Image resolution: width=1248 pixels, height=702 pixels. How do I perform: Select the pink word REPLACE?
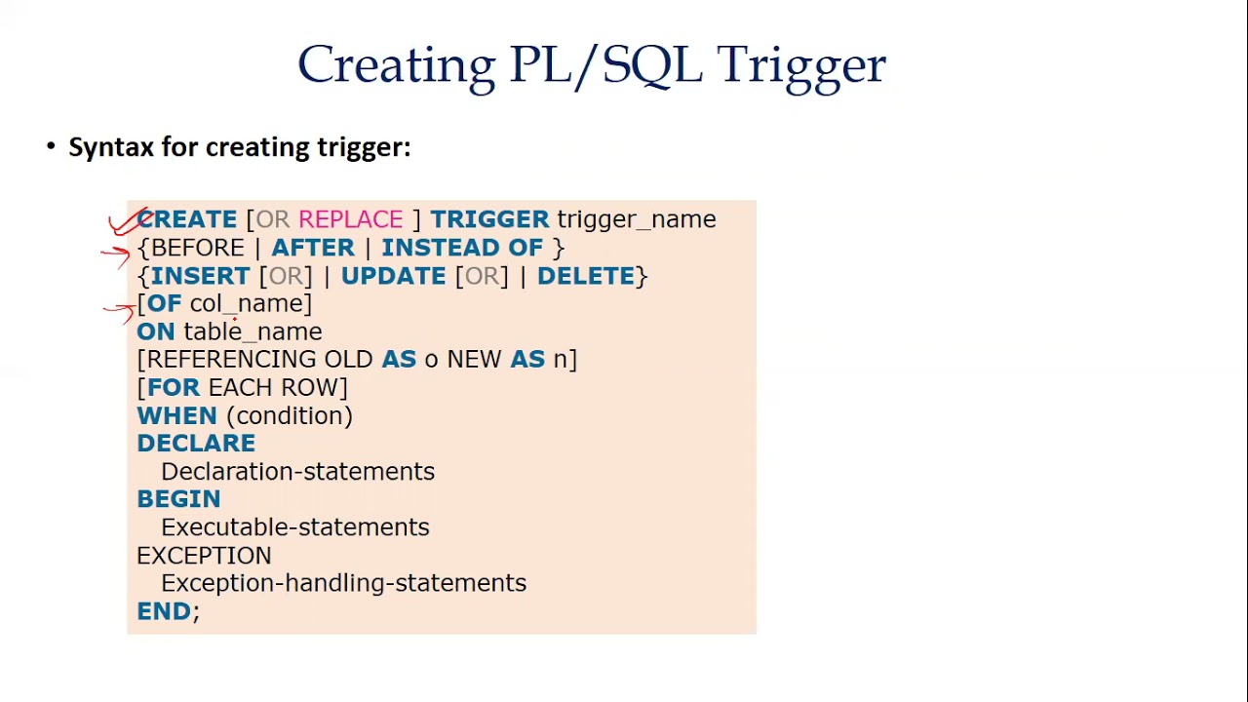coord(350,219)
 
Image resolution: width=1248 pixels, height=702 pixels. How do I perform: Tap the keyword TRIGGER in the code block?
coord(489,219)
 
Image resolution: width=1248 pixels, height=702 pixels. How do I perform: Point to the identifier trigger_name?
coord(636,219)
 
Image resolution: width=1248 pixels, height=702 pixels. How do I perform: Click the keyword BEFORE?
coord(197,248)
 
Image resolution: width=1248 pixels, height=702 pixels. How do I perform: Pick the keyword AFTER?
coord(312,248)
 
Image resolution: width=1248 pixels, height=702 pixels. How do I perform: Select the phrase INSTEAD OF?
coord(461,248)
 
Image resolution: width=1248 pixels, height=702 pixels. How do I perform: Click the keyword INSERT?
coord(200,276)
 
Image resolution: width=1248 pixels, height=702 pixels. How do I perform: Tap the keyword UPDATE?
coord(393,276)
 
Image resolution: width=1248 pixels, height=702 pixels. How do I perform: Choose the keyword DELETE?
coord(585,276)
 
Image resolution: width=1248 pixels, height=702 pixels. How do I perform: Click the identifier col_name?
coord(247,304)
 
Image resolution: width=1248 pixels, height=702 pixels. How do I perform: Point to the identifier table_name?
coord(253,332)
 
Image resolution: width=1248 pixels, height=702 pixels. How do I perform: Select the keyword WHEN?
coord(176,416)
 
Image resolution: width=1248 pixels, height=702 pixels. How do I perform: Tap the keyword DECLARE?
coord(196,444)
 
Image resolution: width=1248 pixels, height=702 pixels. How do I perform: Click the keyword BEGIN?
coord(178,499)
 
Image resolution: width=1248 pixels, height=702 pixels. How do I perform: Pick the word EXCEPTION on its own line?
coord(204,556)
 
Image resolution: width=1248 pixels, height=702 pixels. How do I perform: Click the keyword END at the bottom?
coord(163,611)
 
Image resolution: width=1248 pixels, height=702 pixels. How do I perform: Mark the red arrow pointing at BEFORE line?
coord(116,253)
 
